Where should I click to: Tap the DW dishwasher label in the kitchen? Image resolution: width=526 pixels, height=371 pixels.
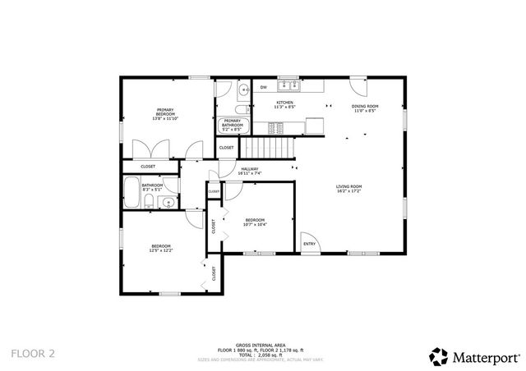[264, 87]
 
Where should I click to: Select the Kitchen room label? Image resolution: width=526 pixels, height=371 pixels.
[284, 103]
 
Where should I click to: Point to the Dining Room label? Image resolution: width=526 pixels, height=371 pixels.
[364, 106]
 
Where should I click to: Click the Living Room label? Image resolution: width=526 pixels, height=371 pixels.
[349, 187]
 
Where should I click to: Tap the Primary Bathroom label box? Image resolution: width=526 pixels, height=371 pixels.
[232, 125]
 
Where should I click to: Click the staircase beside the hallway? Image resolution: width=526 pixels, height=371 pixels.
[271, 149]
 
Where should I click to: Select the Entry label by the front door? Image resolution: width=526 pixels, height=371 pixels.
[309, 244]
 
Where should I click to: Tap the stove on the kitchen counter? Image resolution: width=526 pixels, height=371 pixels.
[278, 127]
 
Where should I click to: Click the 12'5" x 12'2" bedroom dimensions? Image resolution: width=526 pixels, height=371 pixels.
[160, 251]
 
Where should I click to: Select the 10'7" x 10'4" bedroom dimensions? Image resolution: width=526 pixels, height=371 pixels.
[255, 224]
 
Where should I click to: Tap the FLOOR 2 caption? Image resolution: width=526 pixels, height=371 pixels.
[33, 354]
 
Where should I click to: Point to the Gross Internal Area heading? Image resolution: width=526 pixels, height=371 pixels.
[255, 345]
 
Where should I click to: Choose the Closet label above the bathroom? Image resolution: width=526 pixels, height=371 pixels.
[148, 167]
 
